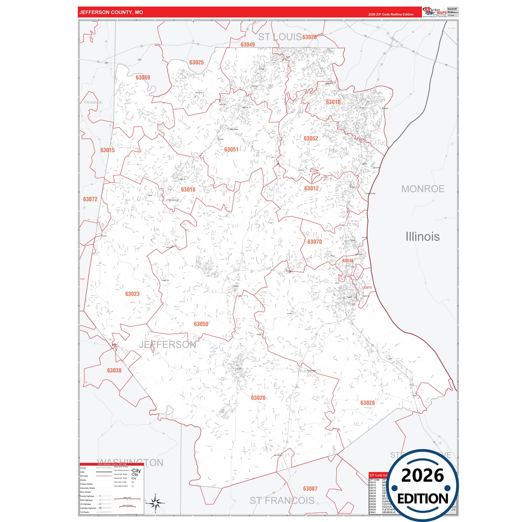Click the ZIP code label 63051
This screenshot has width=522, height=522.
pos(231,150)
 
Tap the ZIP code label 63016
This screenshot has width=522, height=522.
pos(188,190)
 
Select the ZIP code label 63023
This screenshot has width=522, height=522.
pos(132,294)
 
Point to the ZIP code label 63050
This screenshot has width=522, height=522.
pos(201,324)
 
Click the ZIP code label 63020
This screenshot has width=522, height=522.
pos(258,398)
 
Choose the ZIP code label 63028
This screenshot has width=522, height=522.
pos(367,403)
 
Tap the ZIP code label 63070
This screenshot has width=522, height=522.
pos(314,242)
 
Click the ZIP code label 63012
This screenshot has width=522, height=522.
pos(311,188)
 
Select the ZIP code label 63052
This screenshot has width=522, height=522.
pos(311,138)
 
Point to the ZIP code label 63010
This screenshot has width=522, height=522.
pos(333,102)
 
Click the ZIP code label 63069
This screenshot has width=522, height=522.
pos(143,78)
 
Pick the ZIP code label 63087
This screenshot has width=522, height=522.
pos(310,489)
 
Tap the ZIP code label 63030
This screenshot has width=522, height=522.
pos(114,370)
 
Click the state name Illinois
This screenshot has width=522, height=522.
pos(422,237)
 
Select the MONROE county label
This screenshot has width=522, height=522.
pos(423,189)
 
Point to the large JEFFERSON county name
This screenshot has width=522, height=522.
pos(167,345)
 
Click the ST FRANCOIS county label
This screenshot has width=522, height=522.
pos(282,500)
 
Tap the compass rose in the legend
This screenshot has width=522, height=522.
pos(155,503)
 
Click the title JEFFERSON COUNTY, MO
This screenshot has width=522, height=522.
pos(111,12)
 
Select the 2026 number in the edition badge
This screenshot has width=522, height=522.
pos(422,475)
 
